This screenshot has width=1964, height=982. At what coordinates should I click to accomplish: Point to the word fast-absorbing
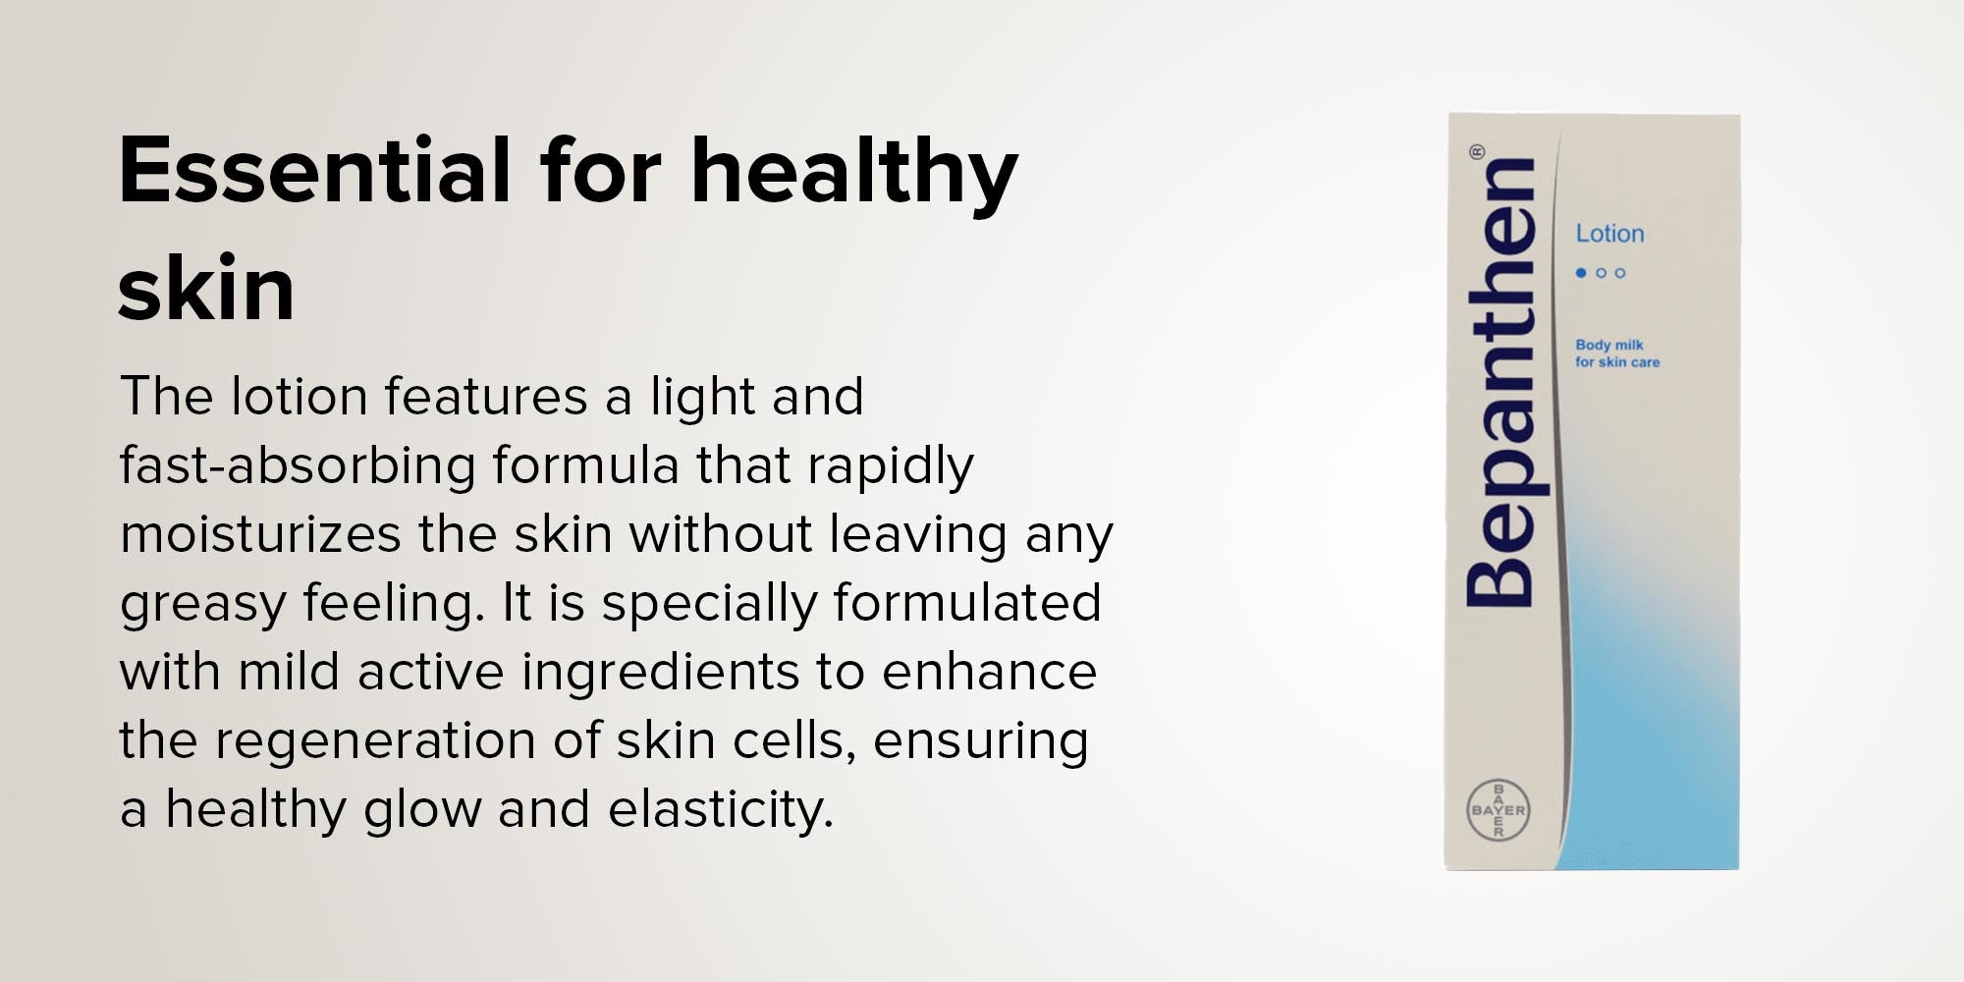(298, 465)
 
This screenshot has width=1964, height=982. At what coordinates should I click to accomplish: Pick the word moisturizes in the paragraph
(260, 534)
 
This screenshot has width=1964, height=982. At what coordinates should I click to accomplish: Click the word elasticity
(721, 811)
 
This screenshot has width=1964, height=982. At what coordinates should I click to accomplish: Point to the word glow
(422, 811)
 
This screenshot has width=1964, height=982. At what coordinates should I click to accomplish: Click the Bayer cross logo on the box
(1498, 810)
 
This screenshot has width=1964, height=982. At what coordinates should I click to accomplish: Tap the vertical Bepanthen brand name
(1500, 382)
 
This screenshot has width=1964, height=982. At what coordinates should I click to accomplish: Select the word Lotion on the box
(1609, 234)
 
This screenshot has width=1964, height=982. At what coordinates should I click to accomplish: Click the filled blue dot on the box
(1581, 273)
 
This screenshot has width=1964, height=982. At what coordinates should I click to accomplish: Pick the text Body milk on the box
(1609, 345)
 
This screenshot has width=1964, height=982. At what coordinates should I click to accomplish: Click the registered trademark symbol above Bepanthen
(1477, 152)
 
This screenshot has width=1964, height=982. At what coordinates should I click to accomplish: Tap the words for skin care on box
(1617, 362)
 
